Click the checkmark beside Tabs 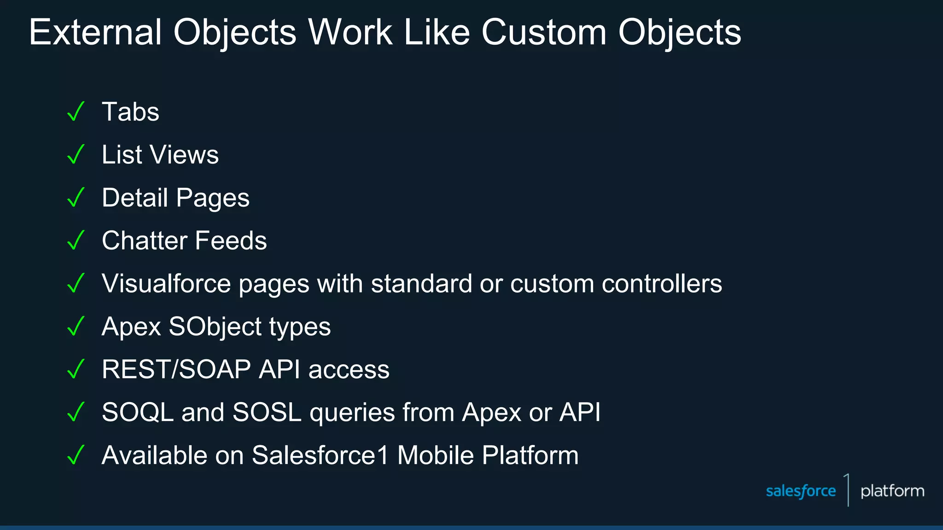pos(76,111)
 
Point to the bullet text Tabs pos(130,112)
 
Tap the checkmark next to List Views pos(76,154)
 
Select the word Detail pos(134,197)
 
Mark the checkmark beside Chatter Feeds pos(76,240)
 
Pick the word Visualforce pos(166,283)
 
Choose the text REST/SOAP pos(176,369)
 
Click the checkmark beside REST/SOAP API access pos(76,369)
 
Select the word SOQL pos(138,412)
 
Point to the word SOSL pos(267,412)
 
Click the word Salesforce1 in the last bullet pos(320,455)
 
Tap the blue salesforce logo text pos(801,491)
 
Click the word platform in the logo pos(892,491)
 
